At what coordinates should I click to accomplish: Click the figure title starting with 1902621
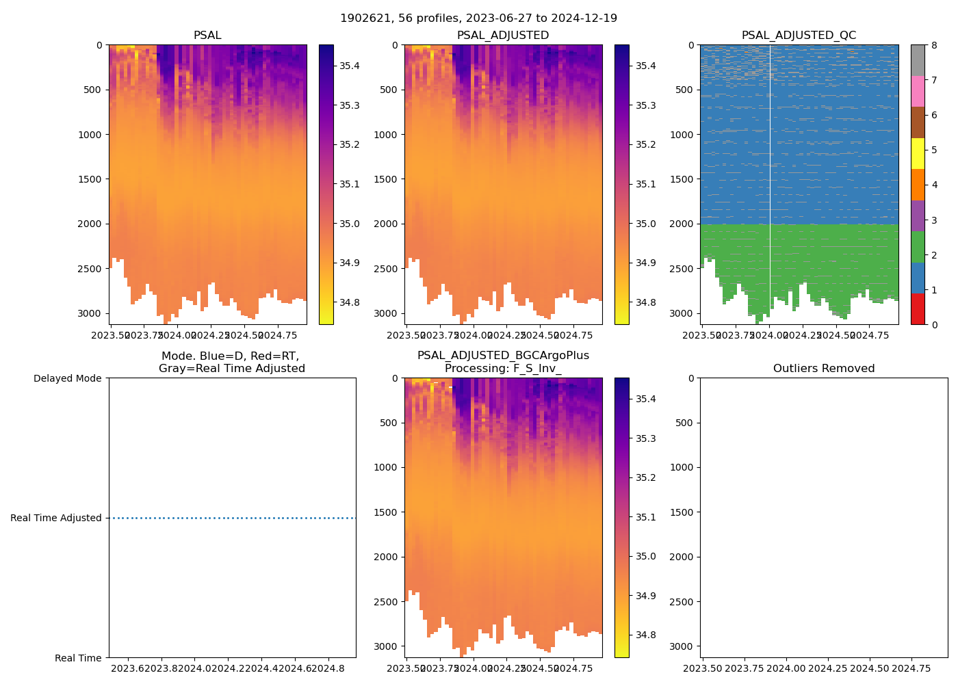tap(478, 18)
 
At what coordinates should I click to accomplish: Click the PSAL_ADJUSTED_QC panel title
tap(799, 36)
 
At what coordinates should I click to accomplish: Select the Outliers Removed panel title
tap(823, 369)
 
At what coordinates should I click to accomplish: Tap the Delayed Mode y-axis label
tap(67, 378)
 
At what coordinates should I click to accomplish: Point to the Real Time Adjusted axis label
tap(55, 518)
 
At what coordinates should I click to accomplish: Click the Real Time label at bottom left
tap(78, 658)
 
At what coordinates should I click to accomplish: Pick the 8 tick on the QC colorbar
tap(933, 45)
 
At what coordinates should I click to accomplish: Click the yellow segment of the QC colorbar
tap(917, 154)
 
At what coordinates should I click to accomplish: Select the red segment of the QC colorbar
tap(917, 309)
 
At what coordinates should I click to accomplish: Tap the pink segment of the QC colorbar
tap(917, 92)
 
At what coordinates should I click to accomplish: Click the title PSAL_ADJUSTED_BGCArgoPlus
tap(503, 356)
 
